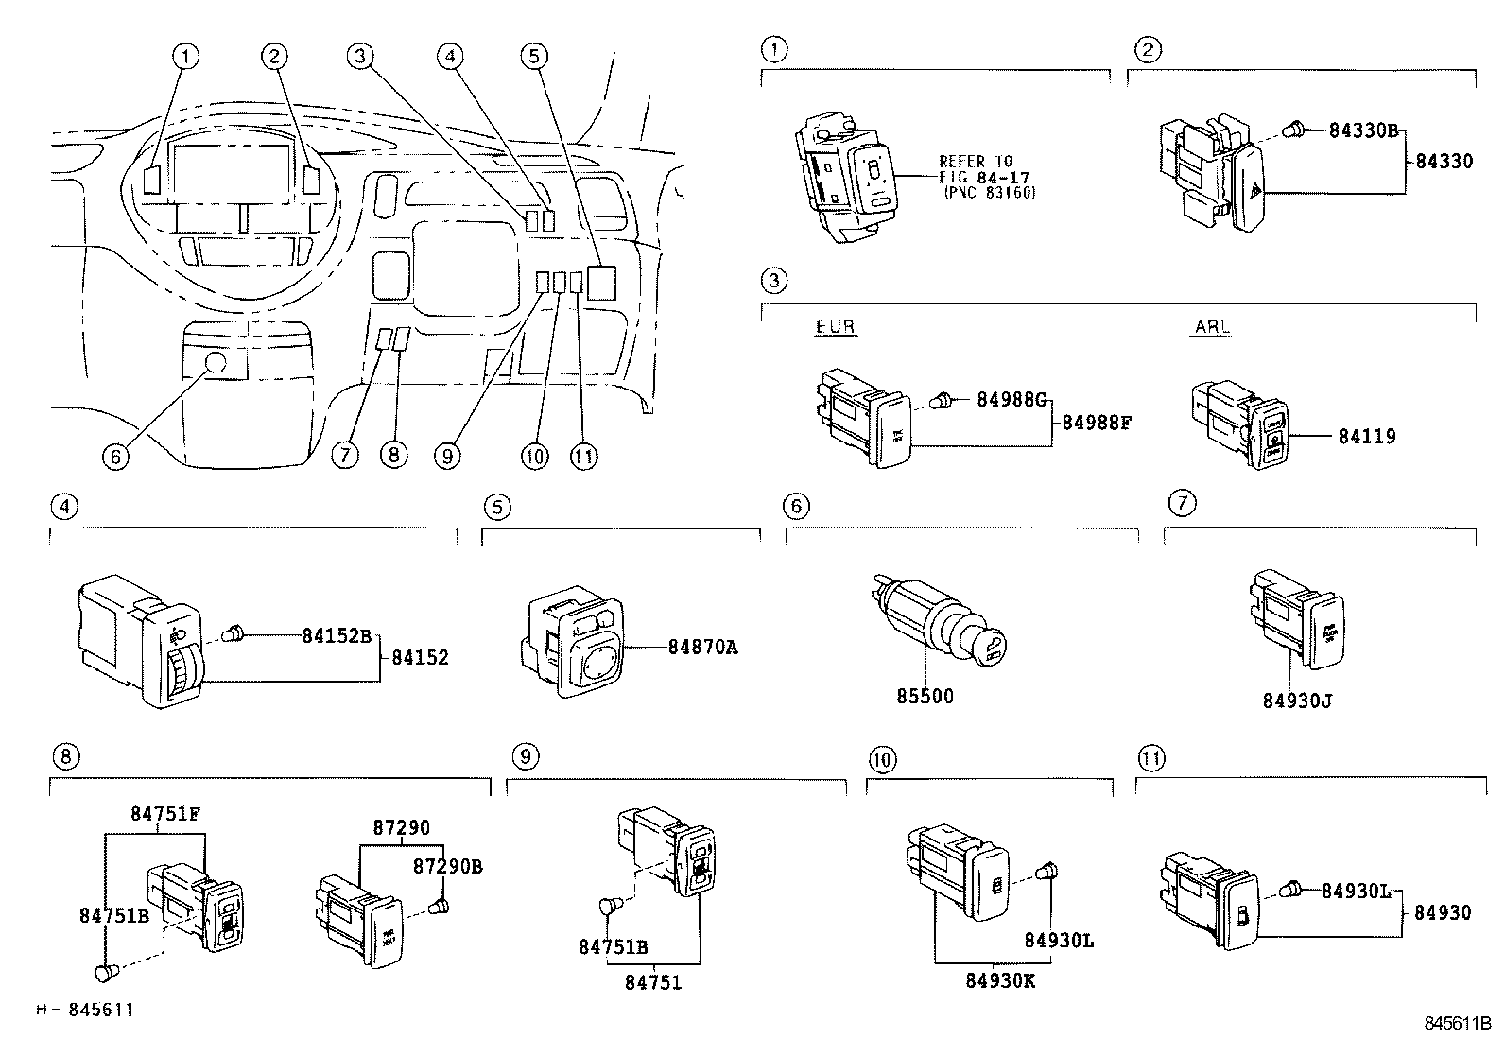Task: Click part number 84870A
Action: pos(701,648)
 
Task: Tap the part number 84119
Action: pos(1366,437)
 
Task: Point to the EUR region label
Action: pos(835,327)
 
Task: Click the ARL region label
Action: pos(1211,327)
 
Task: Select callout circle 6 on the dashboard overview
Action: pos(114,456)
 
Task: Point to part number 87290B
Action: pos(447,866)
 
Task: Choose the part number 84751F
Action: pos(165,814)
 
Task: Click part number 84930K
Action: pos(1000,980)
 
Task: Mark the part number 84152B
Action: pos(337,635)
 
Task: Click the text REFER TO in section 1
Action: pos(976,162)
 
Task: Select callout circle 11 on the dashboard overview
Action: pos(584,456)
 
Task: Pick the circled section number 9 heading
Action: pos(526,756)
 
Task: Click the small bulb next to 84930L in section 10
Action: pos(1047,872)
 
